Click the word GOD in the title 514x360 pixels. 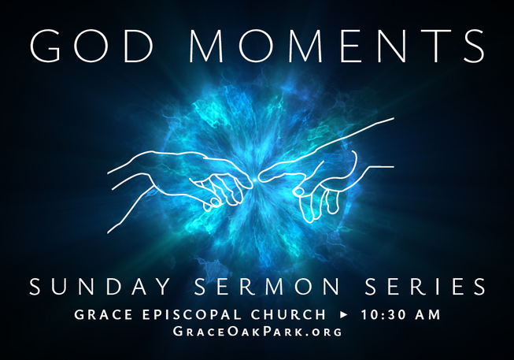tap(92, 45)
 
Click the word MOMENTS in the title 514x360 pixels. tap(337, 45)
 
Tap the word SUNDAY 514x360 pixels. tap(100, 287)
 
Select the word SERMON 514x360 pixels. tap(268, 287)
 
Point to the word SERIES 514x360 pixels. tap(425, 287)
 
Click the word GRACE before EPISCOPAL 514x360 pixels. tap(104, 314)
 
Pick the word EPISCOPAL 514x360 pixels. tap(192, 314)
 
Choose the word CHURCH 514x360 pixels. tap(288, 314)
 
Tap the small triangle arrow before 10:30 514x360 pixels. tap(343, 315)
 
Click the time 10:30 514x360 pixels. tap(383, 314)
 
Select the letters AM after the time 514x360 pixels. tap(427, 314)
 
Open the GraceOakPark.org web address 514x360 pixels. tap(257, 331)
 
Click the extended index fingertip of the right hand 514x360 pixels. tap(261, 177)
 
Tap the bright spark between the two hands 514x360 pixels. tap(255, 180)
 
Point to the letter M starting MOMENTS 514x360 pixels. tap(206, 46)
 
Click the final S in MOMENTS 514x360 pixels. tap(474, 45)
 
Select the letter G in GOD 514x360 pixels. tap(45, 45)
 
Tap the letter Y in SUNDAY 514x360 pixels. tap(163, 287)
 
